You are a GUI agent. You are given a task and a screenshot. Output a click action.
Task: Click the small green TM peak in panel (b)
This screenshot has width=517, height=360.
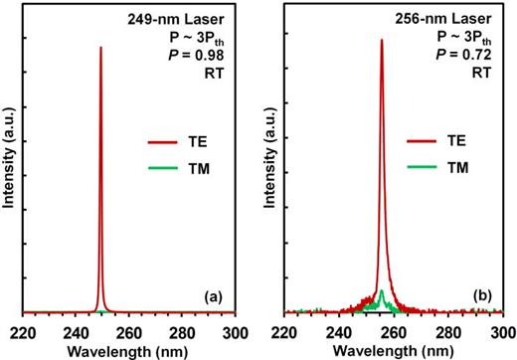pyautogui.click(x=381, y=292)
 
